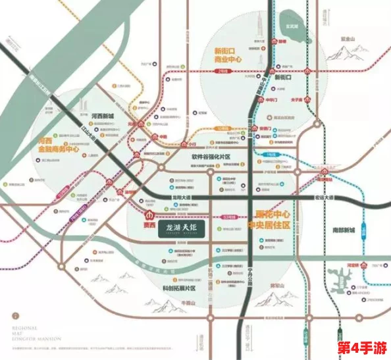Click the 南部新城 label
click(343, 230)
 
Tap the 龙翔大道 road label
click(180, 197)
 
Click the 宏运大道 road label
click(325, 197)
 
